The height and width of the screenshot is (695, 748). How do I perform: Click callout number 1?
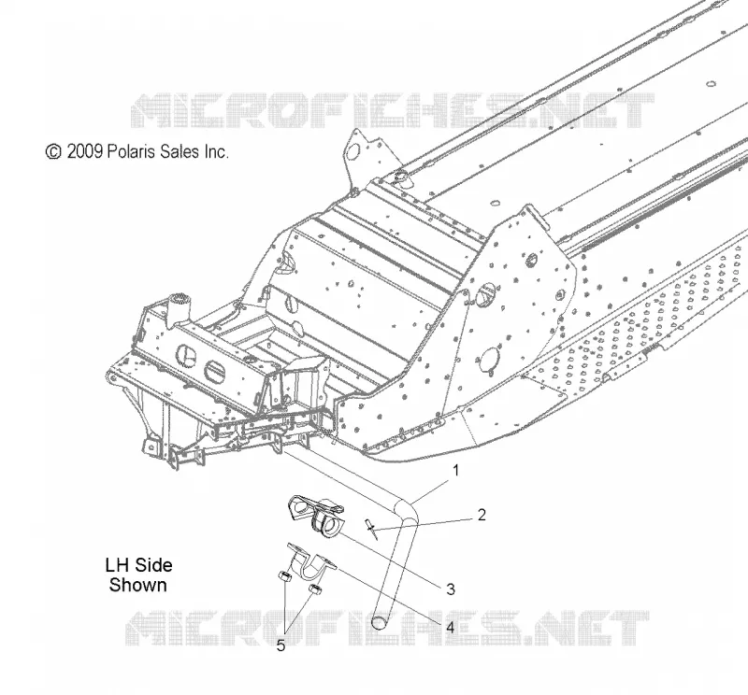click(x=455, y=471)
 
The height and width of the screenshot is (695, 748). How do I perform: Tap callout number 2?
click(x=482, y=515)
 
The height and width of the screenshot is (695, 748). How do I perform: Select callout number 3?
click(x=451, y=589)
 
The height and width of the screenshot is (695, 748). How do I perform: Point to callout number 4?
click(x=450, y=628)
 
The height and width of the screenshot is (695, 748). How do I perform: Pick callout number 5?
click(x=280, y=645)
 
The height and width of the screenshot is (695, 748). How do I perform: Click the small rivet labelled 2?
click(x=372, y=529)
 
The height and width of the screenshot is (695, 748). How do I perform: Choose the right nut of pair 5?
click(x=315, y=589)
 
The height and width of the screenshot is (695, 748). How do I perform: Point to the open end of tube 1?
click(x=380, y=622)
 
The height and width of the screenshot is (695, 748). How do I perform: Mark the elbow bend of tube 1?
click(x=407, y=511)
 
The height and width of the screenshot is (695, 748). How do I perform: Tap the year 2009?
click(x=84, y=151)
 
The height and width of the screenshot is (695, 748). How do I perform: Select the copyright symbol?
click(x=53, y=151)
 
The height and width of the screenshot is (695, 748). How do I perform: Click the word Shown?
click(x=137, y=585)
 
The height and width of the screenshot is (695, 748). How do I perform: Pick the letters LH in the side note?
click(x=117, y=565)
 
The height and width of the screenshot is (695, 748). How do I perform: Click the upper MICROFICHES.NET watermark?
click(x=392, y=110)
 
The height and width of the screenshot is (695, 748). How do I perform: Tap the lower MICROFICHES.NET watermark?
click(x=387, y=628)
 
